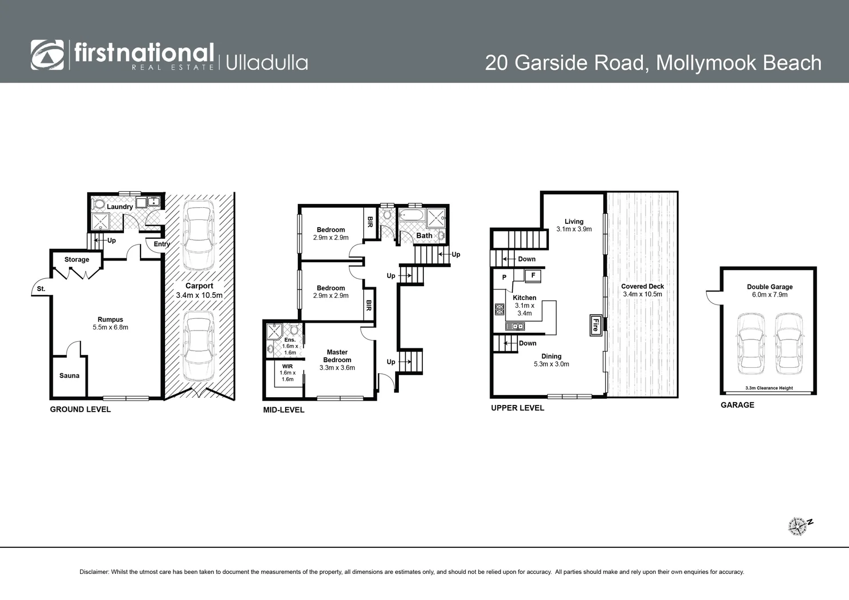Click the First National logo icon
(47, 54)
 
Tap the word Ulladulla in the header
(267, 62)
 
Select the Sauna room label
(69, 376)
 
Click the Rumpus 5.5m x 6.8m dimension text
(111, 327)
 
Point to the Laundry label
(119, 207)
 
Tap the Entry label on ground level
(162, 244)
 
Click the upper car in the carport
(199, 234)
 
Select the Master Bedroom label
(337, 356)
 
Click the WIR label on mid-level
(287, 367)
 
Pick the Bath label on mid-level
(424, 236)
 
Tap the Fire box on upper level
(595, 325)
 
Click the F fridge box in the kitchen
(533, 275)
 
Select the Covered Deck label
(642, 287)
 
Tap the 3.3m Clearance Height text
(769, 388)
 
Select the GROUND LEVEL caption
(81, 409)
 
